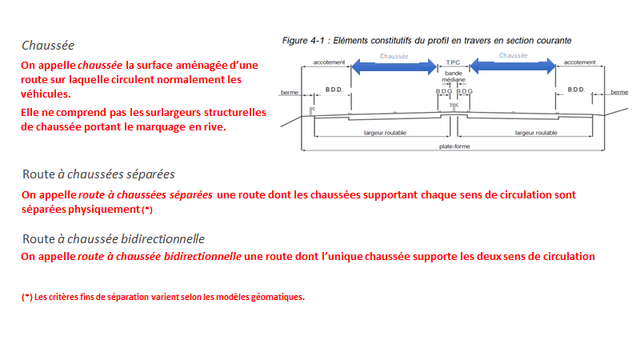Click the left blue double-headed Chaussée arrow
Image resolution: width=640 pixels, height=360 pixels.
(x=394, y=68)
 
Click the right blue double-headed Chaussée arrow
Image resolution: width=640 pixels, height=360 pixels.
(x=513, y=68)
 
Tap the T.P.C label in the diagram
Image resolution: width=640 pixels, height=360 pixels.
(x=453, y=62)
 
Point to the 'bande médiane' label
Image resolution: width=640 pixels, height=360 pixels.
(x=453, y=78)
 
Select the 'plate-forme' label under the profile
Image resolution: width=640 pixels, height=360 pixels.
(x=454, y=146)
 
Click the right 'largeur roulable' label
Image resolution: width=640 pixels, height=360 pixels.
(x=533, y=132)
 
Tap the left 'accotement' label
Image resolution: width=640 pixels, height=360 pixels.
(x=330, y=62)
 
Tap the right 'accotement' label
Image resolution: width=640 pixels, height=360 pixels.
(x=581, y=62)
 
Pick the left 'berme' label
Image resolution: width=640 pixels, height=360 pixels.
(x=289, y=93)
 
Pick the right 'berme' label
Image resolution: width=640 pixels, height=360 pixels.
(x=620, y=92)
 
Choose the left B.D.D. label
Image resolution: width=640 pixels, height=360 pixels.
(x=334, y=89)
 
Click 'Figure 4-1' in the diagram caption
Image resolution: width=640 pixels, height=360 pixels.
(x=305, y=39)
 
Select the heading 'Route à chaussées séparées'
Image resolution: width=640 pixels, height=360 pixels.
(x=98, y=174)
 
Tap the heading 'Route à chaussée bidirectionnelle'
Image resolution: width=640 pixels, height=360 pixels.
(x=114, y=238)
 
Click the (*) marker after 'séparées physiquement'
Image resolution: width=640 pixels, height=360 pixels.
(x=146, y=210)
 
